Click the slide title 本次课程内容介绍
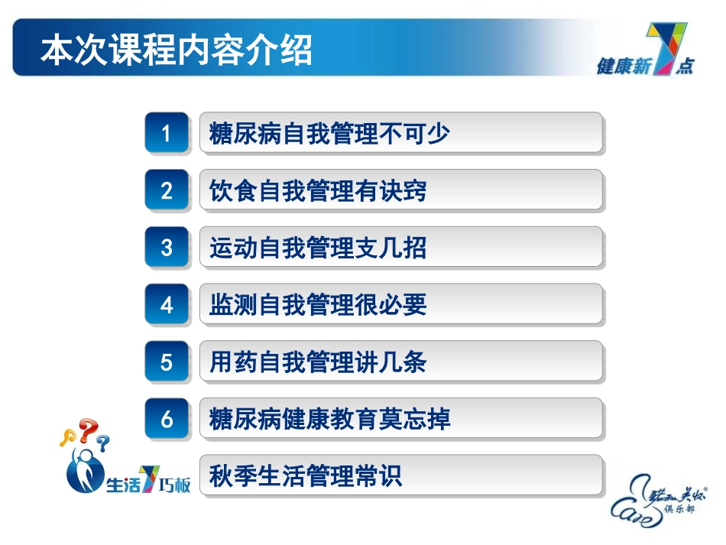click(x=176, y=52)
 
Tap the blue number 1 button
click(x=167, y=134)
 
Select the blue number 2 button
click(x=167, y=191)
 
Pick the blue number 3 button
click(x=167, y=248)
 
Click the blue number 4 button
click(x=167, y=306)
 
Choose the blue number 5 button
click(x=167, y=362)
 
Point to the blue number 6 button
click(x=167, y=420)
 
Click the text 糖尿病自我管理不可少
click(x=329, y=135)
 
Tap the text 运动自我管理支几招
click(x=318, y=248)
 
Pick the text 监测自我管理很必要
click(x=318, y=306)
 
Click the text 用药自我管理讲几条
click(x=318, y=362)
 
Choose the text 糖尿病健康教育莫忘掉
click(x=329, y=420)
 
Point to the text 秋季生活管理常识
click(x=306, y=477)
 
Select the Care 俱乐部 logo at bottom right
click(x=660, y=497)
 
